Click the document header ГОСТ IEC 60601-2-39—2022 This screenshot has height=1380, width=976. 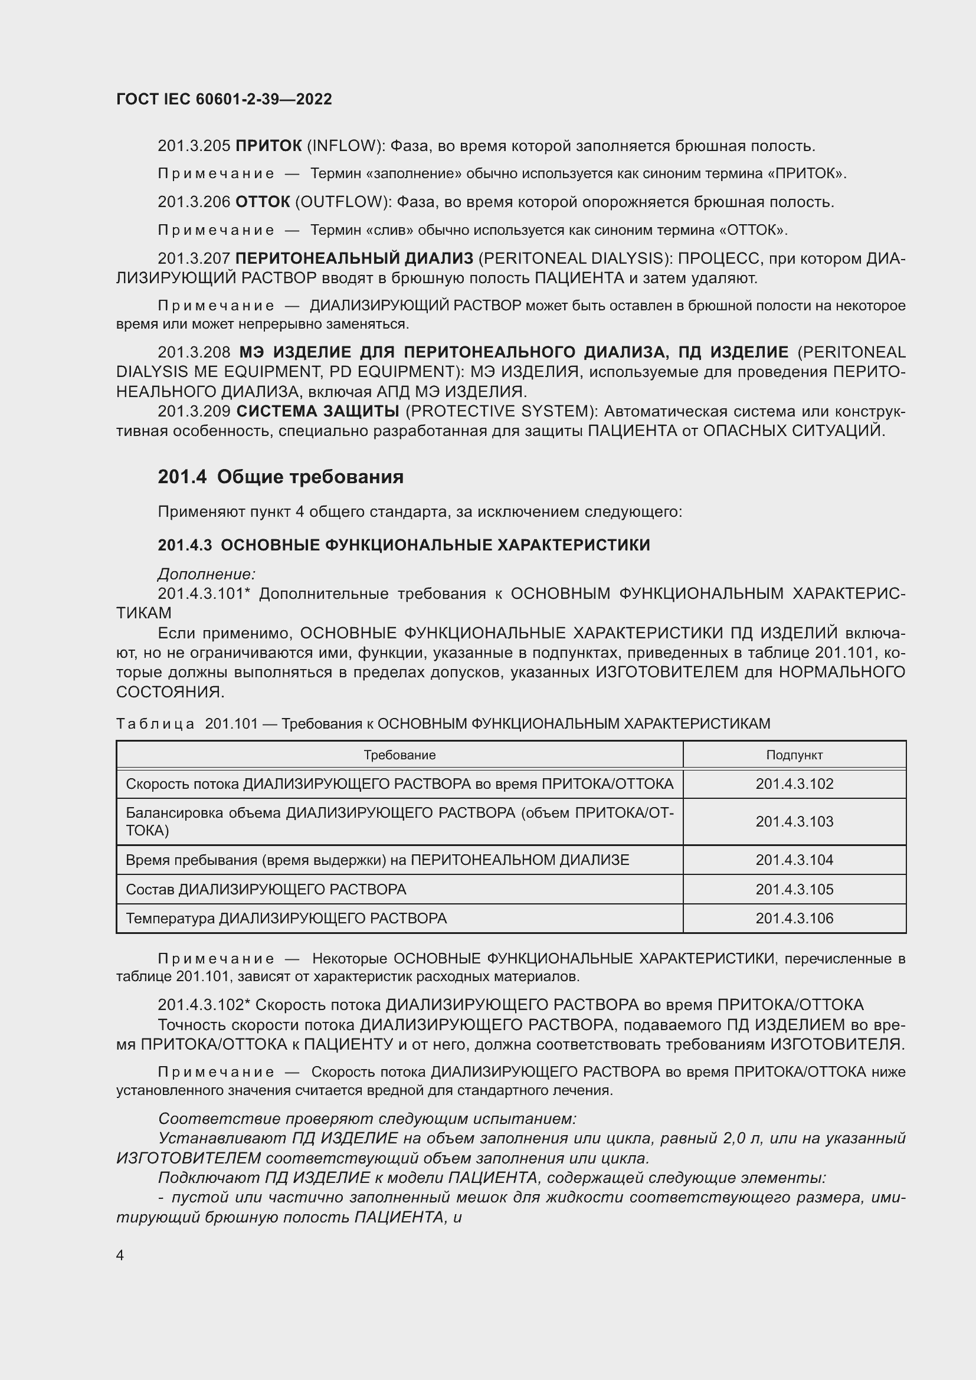click(x=224, y=99)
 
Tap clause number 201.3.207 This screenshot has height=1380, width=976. click(x=194, y=258)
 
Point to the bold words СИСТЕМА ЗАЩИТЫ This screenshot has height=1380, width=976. click(x=318, y=411)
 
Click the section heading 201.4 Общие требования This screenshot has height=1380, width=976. click(x=281, y=477)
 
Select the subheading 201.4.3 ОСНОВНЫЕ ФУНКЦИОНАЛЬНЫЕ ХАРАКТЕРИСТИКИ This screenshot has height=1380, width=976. click(x=404, y=545)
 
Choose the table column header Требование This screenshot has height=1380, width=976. click(x=399, y=755)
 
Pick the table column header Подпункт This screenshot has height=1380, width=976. click(x=794, y=755)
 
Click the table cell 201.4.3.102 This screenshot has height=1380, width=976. click(x=794, y=784)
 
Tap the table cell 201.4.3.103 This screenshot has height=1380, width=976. click(x=794, y=822)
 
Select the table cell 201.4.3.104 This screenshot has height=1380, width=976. click(x=794, y=860)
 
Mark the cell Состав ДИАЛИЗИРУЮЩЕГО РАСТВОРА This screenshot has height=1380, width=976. click(x=266, y=890)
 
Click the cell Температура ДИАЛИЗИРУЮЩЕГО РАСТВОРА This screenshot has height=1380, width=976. click(x=286, y=919)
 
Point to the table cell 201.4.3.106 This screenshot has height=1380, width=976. click(x=794, y=919)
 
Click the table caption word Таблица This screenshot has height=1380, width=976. click(x=155, y=724)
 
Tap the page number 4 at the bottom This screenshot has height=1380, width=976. click(x=120, y=1255)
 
